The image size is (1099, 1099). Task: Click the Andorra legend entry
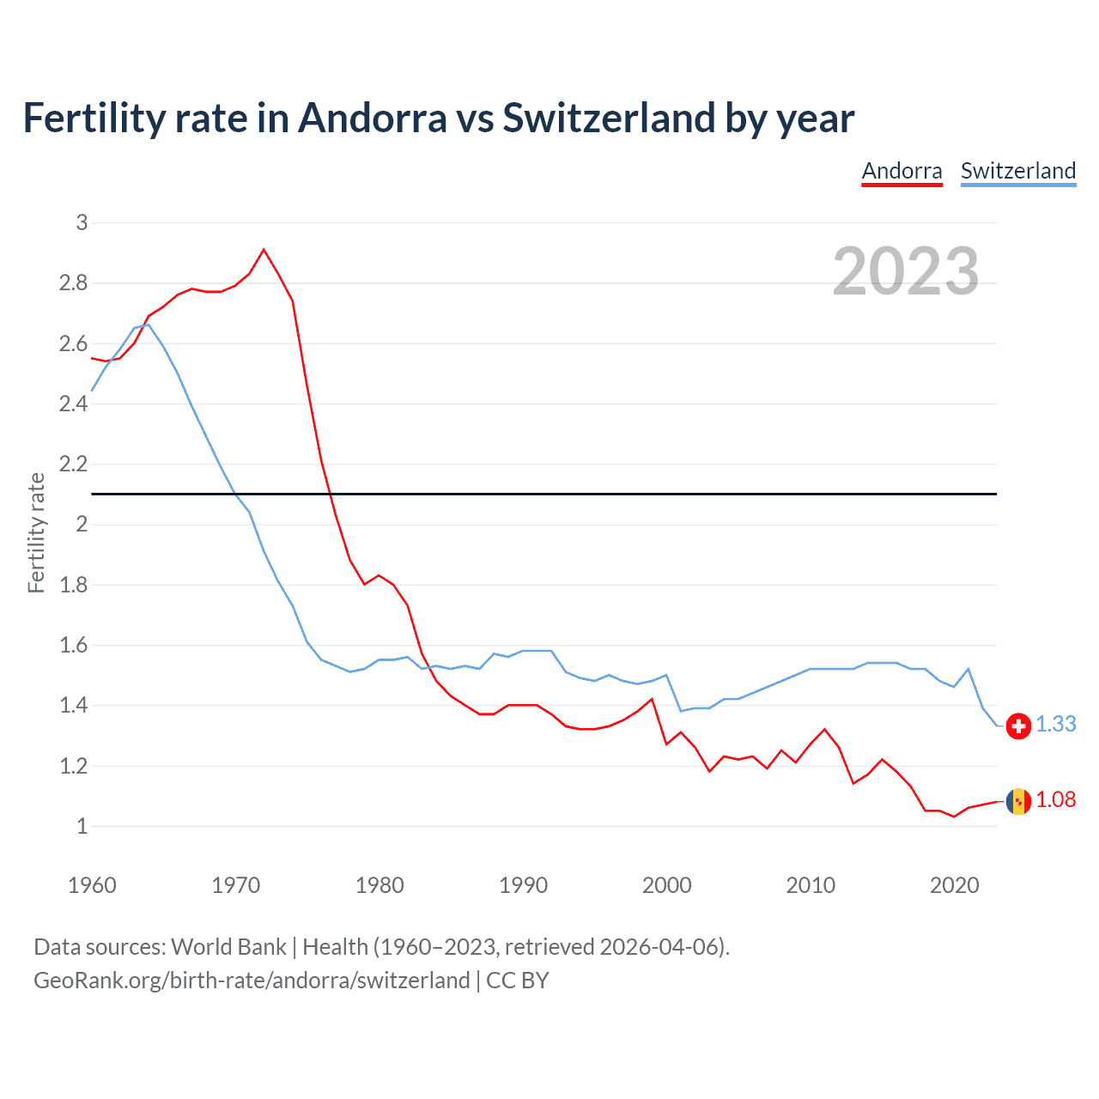tap(902, 171)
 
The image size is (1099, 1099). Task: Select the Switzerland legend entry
tap(1017, 171)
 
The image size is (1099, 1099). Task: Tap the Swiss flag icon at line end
tap(1018, 726)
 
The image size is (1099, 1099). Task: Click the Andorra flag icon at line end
tap(1018, 801)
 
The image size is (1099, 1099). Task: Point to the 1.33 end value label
tap(1055, 725)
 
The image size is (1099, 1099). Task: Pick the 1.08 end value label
tap(1055, 800)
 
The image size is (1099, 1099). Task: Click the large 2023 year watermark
tap(905, 271)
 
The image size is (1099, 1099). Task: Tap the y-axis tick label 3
tap(82, 223)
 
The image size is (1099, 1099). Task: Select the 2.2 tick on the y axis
tap(74, 464)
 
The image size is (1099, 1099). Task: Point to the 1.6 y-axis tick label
tap(74, 646)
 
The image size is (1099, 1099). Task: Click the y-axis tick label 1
tap(82, 827)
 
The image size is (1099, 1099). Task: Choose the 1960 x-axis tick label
tap(92, 885)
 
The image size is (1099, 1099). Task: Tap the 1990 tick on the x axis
tap(523, 885)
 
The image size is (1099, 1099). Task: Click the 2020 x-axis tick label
tap(954, 885)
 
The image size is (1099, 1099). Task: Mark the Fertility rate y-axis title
tap(36, 532)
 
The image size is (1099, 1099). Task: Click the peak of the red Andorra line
tap(264, 250)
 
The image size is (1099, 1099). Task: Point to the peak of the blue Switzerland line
tap(149, 325)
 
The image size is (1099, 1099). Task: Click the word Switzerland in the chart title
tap(608, 118)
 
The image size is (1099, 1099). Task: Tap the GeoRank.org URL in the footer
tap(252, 981)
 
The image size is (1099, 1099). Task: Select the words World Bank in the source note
tap(228, 947)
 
